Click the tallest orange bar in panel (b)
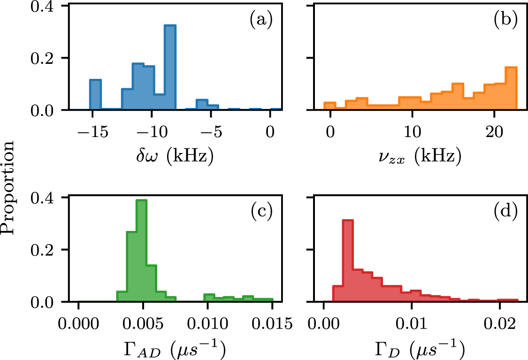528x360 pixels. [511, 89]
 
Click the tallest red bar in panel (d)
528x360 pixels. [348, 260]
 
